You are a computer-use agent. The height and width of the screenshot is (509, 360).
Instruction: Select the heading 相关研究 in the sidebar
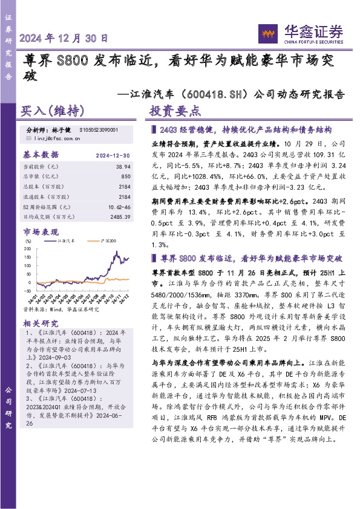click(41, 323)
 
